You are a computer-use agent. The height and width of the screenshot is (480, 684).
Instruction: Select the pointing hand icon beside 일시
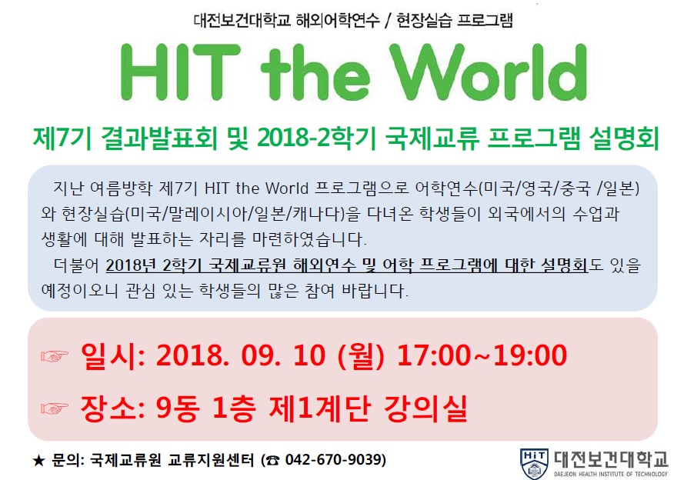click(x=55, y=355)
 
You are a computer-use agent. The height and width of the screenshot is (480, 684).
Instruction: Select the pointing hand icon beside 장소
click(x=55, y=408)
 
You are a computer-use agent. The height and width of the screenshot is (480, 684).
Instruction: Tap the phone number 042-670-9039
click(x=335, y=459)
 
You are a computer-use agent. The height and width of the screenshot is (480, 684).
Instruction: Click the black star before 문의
click(x=38, y=460)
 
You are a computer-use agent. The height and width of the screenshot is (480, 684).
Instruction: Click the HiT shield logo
click(x=535, y=463)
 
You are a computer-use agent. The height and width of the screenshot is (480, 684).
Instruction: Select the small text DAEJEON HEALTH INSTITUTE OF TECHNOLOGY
click(x=611, y=474)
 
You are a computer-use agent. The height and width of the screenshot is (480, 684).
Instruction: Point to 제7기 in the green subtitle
click(x=62, y=138)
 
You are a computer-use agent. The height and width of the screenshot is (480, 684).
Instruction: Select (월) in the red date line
click(x=360, y=355)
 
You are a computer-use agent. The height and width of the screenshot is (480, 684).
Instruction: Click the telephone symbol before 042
click(x=273, y=460)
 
